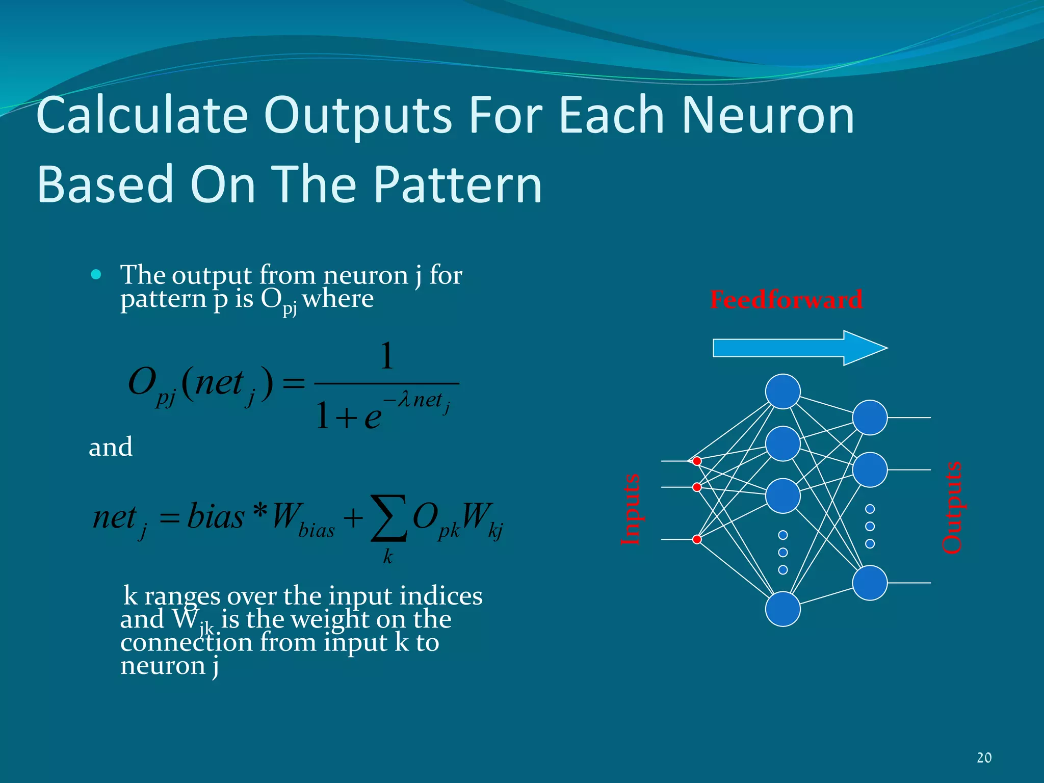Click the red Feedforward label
786,299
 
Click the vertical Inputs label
631,509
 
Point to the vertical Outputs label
951,507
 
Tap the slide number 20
984,758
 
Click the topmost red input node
697,461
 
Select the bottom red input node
697,539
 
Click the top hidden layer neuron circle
782,391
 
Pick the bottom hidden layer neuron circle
782,609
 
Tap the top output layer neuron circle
870,417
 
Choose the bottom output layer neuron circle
870,583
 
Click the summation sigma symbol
389,518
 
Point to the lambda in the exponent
404,400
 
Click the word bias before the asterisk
216,516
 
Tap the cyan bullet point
96,275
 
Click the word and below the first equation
111,447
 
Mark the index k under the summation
388,557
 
